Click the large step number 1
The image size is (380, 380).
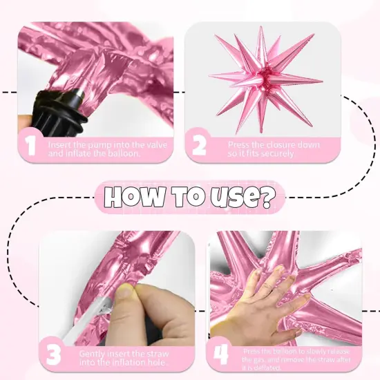pos(30,146)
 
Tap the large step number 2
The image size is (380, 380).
pos(199,146)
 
